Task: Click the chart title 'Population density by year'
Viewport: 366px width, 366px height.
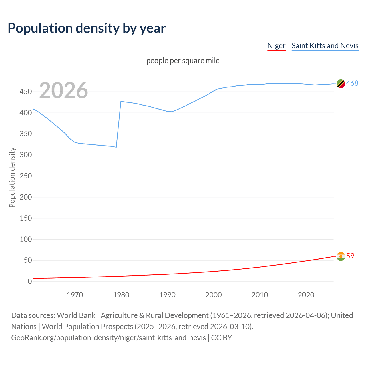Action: point(87,28)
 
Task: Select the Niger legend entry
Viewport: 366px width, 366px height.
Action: point(276,46)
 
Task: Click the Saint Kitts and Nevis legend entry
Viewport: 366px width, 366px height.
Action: point(325,46)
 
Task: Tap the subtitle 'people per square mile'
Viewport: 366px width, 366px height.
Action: point(183,61)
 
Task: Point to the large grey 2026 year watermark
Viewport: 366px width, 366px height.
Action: point(63,90)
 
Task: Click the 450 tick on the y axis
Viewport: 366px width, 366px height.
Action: point(26,92)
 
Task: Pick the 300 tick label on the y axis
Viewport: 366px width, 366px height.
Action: point(26,155)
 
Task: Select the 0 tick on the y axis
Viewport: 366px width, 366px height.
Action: point(30,282)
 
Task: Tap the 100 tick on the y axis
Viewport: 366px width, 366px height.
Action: point(26,239)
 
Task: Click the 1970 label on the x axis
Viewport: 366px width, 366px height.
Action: point(75,295)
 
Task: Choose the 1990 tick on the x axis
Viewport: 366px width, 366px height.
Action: point(167,295)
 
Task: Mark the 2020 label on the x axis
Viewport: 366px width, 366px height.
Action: point(306,295)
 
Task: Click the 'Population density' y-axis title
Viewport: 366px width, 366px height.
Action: point(12,177)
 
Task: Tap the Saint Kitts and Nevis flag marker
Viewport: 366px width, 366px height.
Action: point(341,84)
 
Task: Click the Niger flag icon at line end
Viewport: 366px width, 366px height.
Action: point(341,256)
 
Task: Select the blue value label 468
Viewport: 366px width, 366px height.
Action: point(352,83)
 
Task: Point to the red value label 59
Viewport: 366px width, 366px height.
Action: point(350,256)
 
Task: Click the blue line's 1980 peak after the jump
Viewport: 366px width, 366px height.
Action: point(121,101)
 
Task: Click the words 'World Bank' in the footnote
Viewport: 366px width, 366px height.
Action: point(76,315)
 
